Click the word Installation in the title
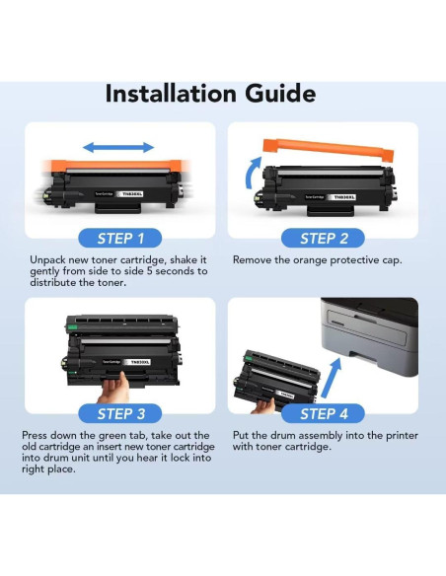click(171, 94)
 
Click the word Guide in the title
click(280, 94)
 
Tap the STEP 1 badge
click(120, 239)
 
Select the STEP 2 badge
click(324, 239)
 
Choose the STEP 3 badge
click(120, 413)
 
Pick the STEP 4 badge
click(324, 413)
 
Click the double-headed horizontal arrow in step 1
click(118, 148)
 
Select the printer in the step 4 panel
click(370, 336)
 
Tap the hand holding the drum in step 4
click(263, 406)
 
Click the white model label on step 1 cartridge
click(129, 193)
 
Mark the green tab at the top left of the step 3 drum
click(73, 326)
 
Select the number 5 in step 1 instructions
click(149, 271)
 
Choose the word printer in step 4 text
click(402, 436)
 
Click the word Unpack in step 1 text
click(47, 260)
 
